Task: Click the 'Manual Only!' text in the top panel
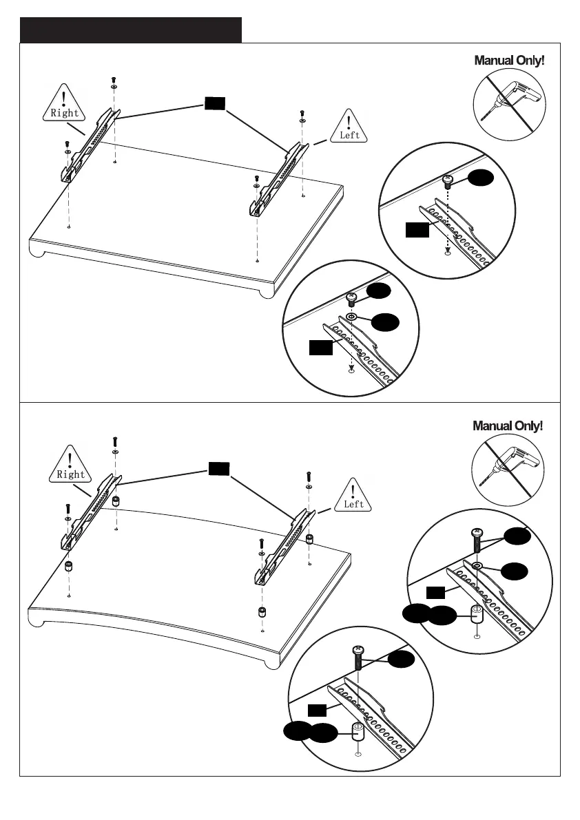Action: tap(509, 61)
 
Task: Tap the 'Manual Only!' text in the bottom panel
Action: tap(508, 425)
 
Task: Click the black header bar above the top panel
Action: tap(131, 30)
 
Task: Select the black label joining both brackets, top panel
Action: tap(214, 103)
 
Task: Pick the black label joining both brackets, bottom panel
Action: tap(219, 469)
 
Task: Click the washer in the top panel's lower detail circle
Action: tap(351, 317)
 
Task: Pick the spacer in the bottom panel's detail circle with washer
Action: tap(477, 613)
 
